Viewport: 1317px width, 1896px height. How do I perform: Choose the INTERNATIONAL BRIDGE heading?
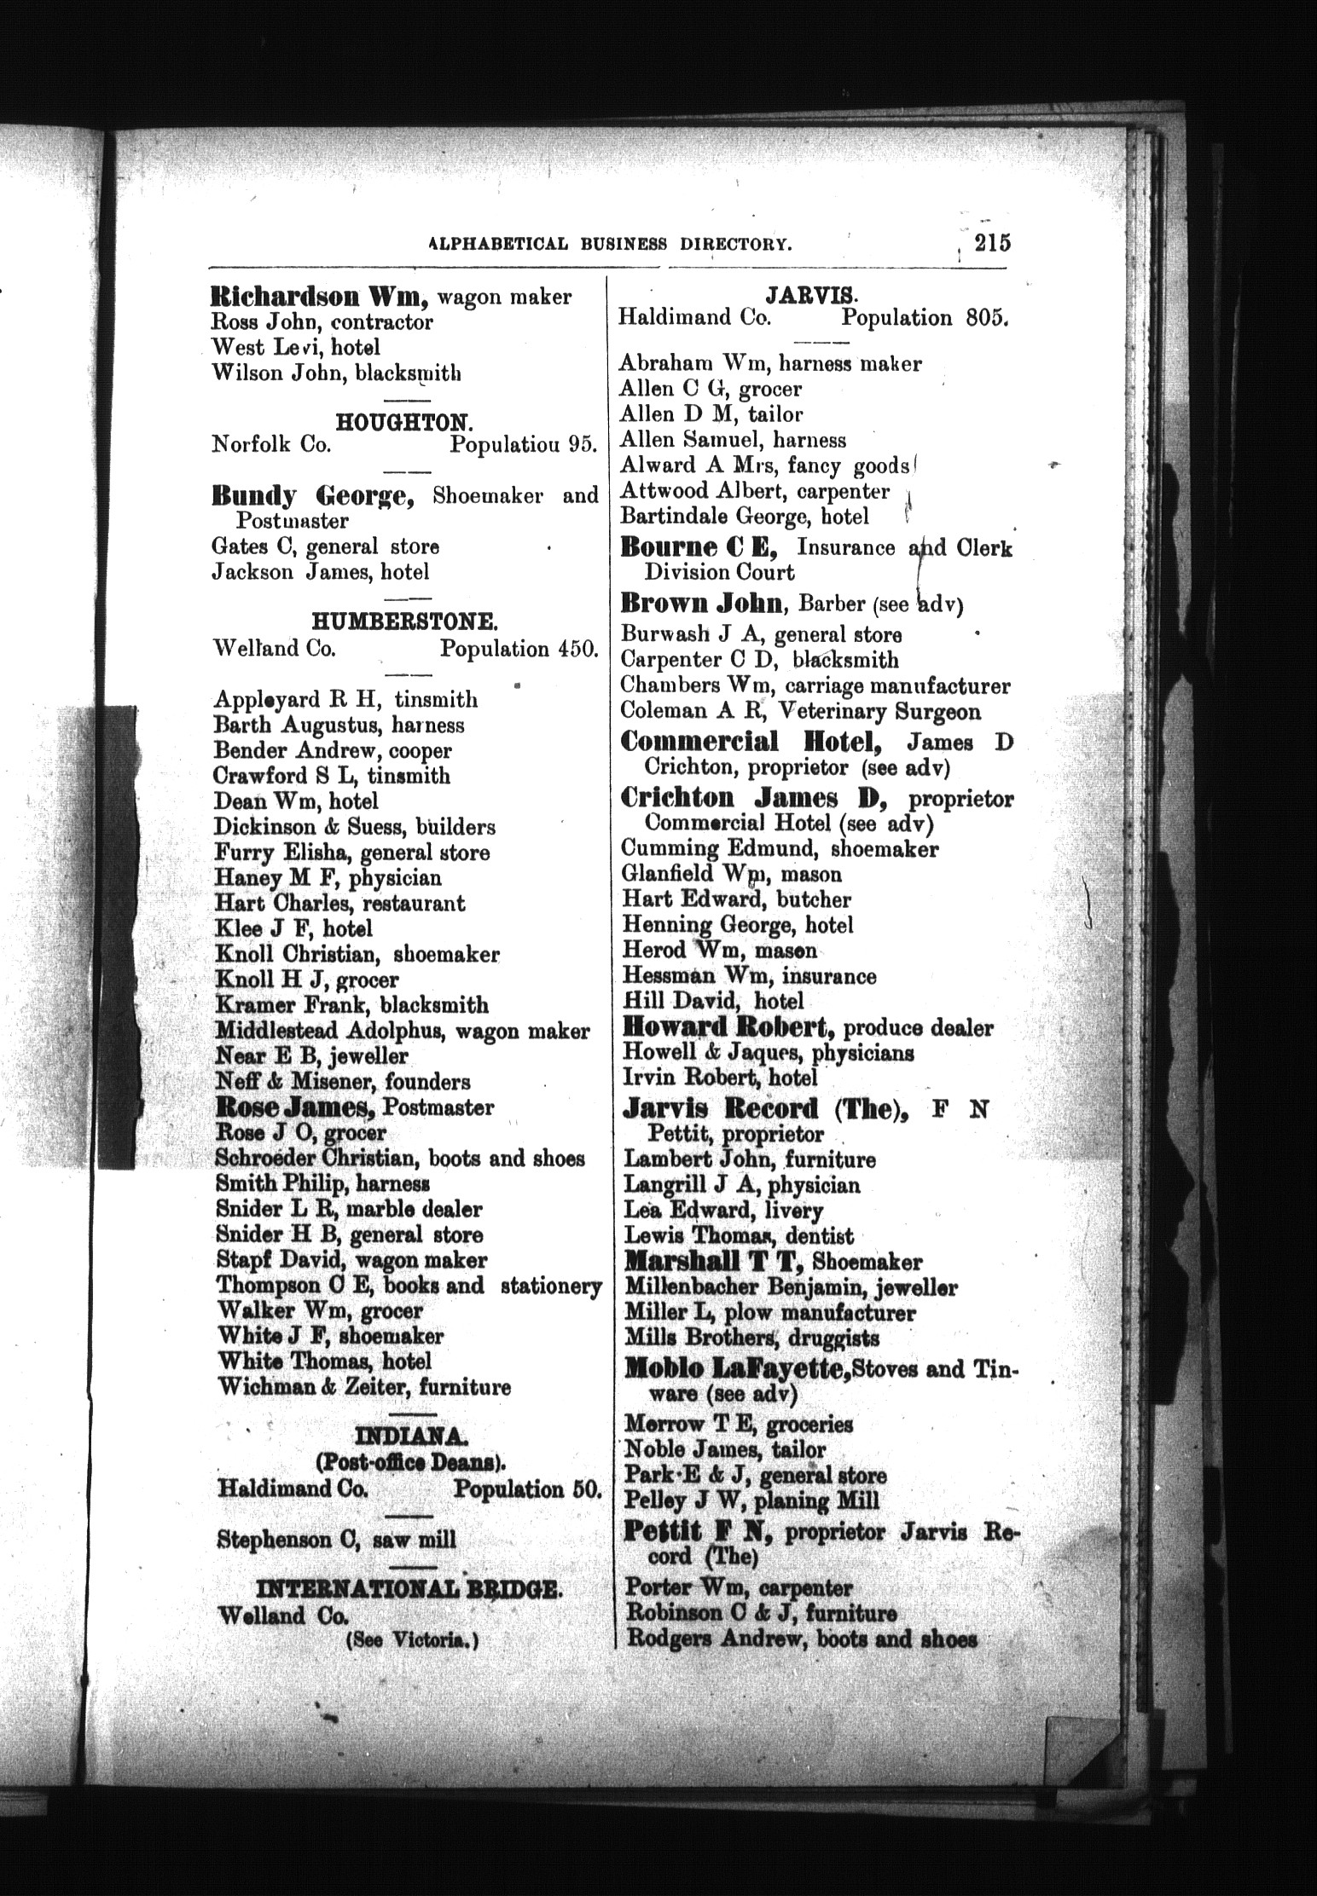tap(409, 1590)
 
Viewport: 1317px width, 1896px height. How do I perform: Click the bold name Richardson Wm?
tap(317, 297)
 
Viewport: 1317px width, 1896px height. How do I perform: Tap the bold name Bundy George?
tap(312, 495)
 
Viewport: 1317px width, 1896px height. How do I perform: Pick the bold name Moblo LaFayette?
tap(736, 1369)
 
